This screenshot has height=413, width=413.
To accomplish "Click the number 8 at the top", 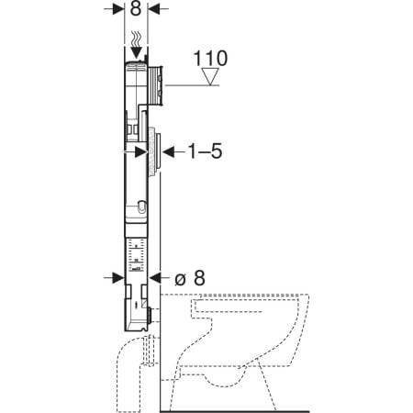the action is click(x=136, y=9).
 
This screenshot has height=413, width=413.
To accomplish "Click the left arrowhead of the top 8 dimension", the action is click(x=118, y=9).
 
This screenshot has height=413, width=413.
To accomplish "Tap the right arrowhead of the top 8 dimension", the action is click(x=154, y=9).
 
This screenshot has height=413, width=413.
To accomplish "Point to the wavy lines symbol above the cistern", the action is click(x=136, y=39).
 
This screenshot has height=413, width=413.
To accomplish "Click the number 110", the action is click(x=210, y=58).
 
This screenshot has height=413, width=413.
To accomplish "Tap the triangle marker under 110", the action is click(x=210, y=76).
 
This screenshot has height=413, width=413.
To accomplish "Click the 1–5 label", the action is click(x=205, y=151).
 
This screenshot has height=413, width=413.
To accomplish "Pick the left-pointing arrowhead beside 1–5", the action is click(x=169, y=151).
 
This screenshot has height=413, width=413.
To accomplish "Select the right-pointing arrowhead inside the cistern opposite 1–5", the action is click(x=141, y=151).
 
